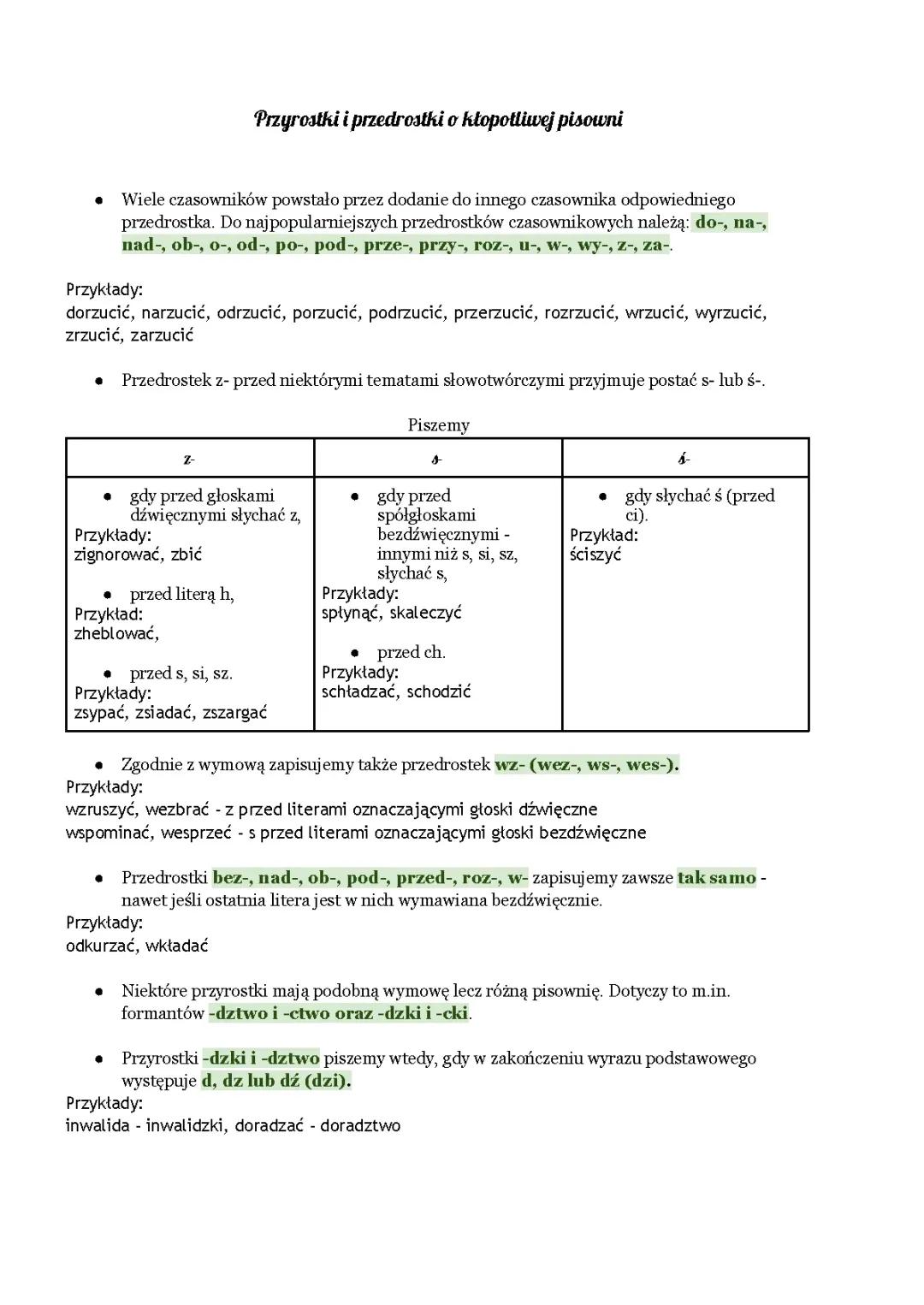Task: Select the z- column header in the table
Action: point(189,460)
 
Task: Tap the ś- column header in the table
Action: point(684,460)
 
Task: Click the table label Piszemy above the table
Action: point(438,425)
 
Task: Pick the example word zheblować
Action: point(116,634)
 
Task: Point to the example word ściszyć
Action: point(595,555)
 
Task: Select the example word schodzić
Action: point(439,691)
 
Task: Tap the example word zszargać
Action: point(234,713)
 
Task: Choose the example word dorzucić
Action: point(99,313)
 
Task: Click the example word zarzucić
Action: point(162,335)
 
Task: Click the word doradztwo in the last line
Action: point(360,1126)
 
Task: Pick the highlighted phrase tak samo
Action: point(717,878)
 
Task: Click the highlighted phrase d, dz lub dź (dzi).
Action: point(276,1081)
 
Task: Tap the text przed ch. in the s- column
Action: point(411,653)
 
